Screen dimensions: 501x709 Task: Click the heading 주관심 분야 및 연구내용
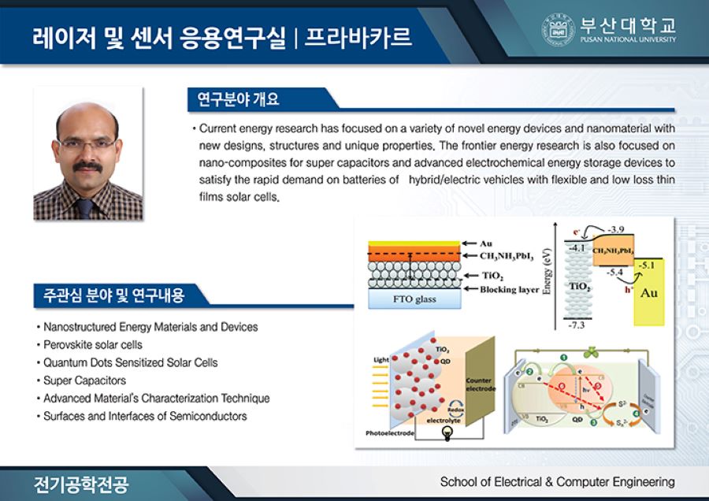tap(110, 296)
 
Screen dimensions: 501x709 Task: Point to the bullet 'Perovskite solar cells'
tap(92, 344)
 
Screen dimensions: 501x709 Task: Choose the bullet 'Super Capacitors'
tap(84, 380)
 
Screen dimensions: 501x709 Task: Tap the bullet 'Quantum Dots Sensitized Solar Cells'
tap(130, 362)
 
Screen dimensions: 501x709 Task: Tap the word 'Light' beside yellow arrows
tap(381, 360)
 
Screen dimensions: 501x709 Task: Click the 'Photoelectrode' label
tap(389, 433)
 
